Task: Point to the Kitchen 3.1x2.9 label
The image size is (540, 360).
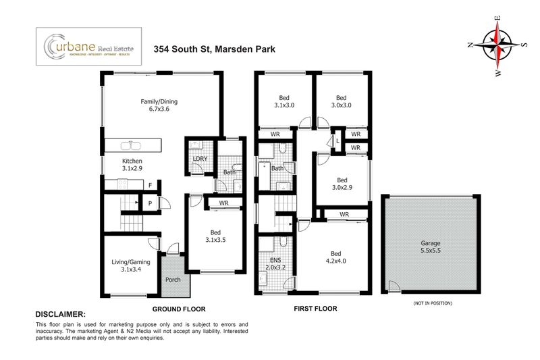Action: [133, 165]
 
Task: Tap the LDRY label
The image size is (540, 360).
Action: [200, 159]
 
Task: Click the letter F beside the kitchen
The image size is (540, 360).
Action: [149, 184]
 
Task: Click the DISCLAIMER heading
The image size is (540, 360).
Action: [60, 315]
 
